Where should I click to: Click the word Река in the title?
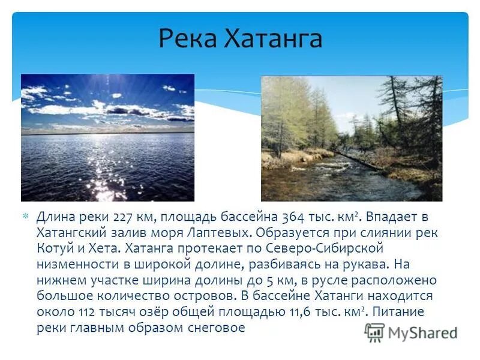pyautogui.click(x=188, y=39)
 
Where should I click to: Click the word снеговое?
pyautogui.click(x=217, y=328)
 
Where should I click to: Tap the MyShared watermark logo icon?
pyautogui.click(x=374, y=332)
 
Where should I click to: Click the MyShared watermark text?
pyautogui.click(x=422, y=334)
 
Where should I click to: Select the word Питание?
pyautogui.click(x=403, y=312)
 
